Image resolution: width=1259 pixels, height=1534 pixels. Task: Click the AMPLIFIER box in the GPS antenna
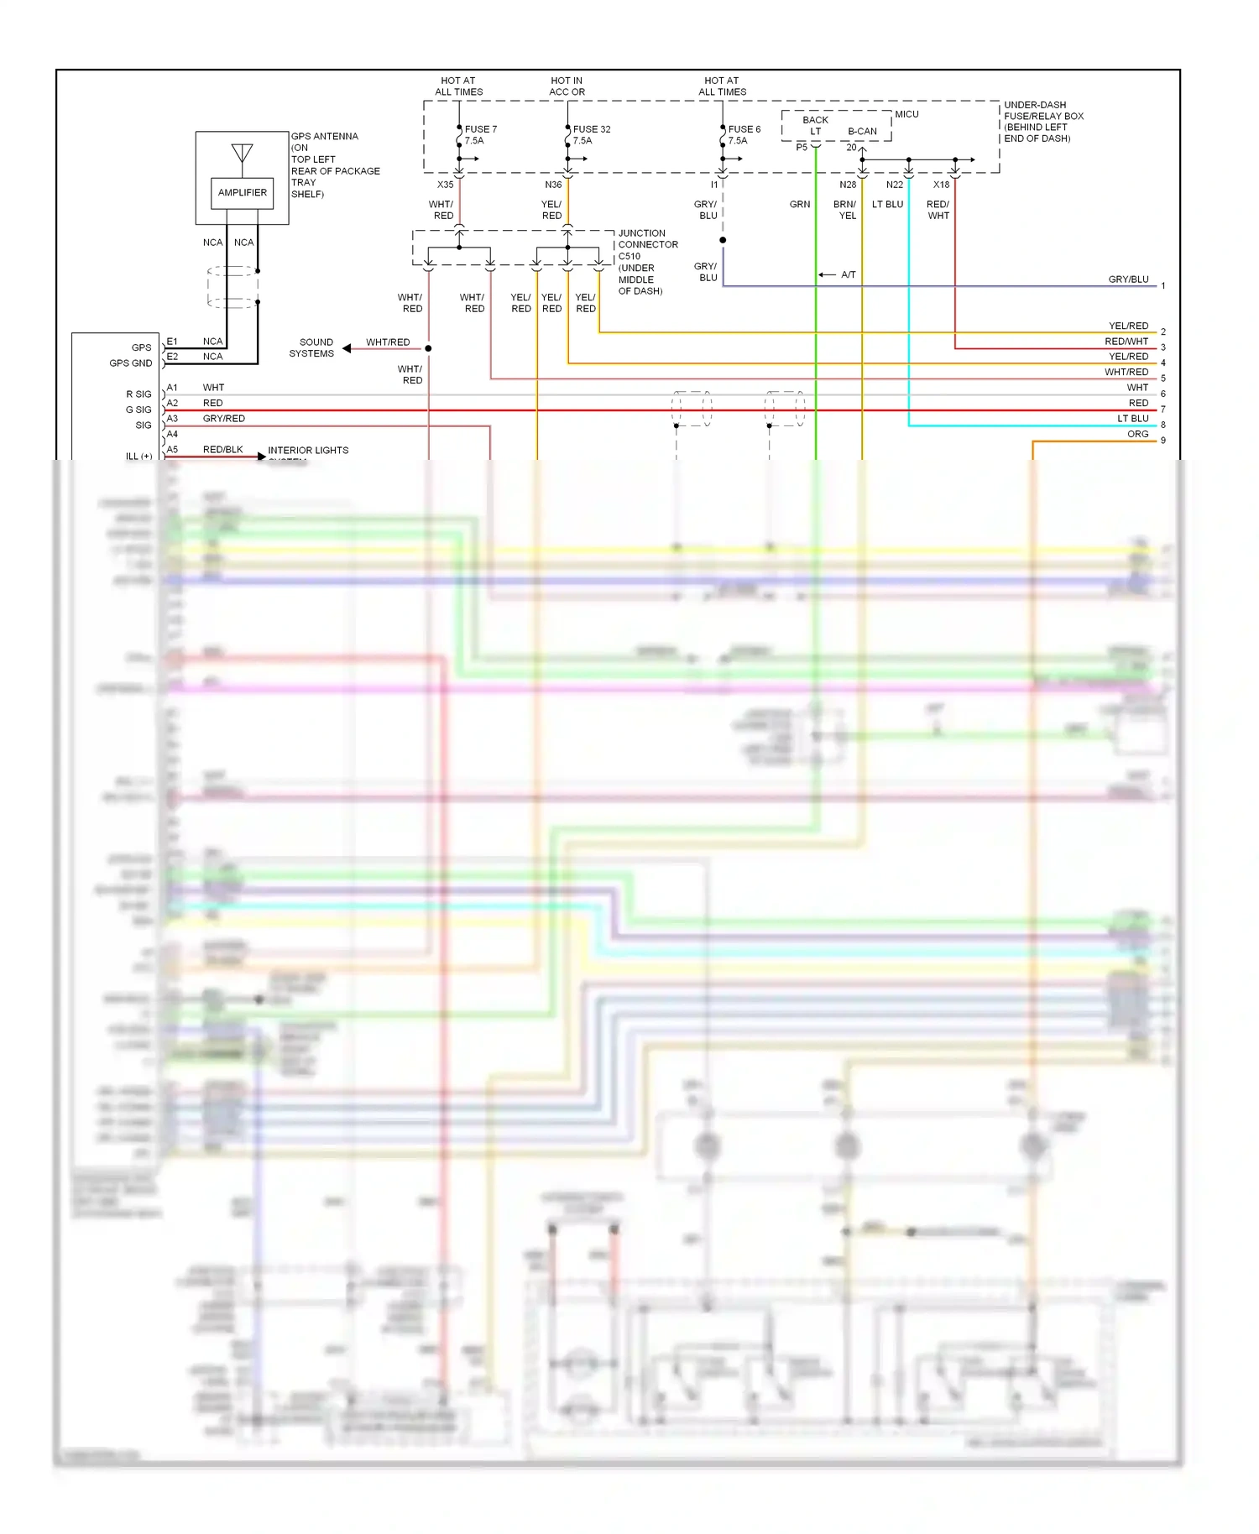pyautogui.click(x=242, y=193)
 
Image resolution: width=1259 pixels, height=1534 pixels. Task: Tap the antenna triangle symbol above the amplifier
pyautogui.click(x=242, y=154)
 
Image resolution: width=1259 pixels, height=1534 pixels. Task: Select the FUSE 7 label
pyautogui.click(x=481, y=129)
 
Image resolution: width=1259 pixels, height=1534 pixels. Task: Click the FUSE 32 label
pyautogui.click(x=592, y=129)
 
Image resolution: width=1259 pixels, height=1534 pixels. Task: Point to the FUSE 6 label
pyautogui.click(x=744, y=129)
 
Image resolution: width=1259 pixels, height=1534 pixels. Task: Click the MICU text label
pyautogui.click(x=906, y=114)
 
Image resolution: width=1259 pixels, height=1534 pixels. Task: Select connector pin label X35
pyautogui.click(x=445, y=185)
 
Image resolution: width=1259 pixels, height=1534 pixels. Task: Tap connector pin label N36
pyautogui.click(x=553, y=185)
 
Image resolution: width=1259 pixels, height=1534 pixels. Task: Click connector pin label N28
pyautogui.click(x=848, y=185)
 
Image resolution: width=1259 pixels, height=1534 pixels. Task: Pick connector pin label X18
pyautogui.click(x=941, y=185)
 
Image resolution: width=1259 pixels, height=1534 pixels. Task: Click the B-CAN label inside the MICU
pyautogui.click(x=862, y=132)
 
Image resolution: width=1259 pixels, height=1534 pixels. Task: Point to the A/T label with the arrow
pyautogui.click(x=848, y=274)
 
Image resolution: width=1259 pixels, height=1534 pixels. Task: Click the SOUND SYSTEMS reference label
pyautogui.click(x=312, y=347)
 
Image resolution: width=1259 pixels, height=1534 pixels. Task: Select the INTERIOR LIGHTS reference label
pyautogui.click(x=308, y=451)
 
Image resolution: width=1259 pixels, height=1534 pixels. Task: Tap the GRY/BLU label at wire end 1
pyautogui.click(x=1128, y=279)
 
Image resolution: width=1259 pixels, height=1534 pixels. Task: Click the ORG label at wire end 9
pyautogui.click(x=1137, y=434)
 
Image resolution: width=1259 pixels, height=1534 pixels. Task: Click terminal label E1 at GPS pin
pyautogui.click(x=172, y=342)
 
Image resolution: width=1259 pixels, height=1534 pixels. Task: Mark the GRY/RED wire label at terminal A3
pyautogui.click(x=223, y=419)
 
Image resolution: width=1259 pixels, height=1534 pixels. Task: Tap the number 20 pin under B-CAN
pyautogui.click(x=851, y=148)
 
